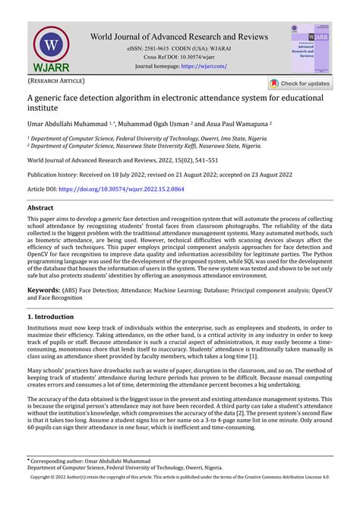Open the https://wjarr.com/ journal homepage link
[204, 66]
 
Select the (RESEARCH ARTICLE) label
[55, 80]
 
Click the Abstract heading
[40, 207]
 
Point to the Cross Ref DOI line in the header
[180, 57]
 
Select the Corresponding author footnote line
[90, 460]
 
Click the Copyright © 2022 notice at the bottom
[180, 478]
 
